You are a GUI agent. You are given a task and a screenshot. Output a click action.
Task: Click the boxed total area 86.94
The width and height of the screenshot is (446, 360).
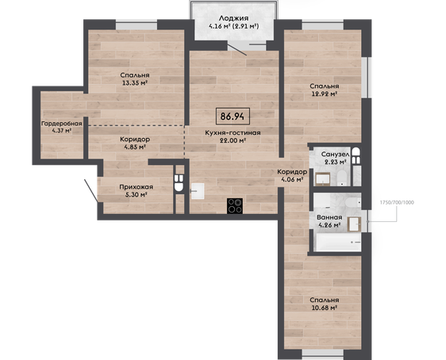233,117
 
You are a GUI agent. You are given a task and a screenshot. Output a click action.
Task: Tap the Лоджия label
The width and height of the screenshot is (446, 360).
233,18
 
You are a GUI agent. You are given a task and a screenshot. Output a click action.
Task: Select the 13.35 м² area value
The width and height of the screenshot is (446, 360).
135,83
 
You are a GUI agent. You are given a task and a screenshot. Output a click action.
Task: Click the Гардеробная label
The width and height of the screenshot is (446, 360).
62,124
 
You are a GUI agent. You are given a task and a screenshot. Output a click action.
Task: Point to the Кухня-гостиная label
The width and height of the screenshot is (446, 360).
233,132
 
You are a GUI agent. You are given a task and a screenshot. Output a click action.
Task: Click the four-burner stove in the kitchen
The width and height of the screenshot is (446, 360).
235,206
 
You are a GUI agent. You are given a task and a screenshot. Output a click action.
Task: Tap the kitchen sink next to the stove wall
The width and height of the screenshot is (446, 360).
198,191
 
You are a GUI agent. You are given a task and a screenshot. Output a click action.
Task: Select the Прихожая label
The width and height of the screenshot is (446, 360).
136,187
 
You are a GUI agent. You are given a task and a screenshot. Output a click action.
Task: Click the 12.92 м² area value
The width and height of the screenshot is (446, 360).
325,94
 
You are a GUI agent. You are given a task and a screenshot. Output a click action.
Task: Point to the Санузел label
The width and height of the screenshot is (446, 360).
335,155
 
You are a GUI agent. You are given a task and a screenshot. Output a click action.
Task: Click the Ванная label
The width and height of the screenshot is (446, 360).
329,217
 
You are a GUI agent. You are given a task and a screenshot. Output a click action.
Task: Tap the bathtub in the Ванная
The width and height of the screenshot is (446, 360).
337,242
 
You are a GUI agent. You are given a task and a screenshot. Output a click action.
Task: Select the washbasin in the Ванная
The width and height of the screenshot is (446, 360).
355,224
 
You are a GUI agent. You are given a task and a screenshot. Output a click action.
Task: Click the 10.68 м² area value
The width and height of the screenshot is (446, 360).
325,308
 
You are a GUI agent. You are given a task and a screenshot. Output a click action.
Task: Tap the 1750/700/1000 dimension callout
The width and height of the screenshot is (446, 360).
397,202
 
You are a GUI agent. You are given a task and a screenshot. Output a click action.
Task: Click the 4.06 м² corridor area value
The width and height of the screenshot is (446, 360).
291,179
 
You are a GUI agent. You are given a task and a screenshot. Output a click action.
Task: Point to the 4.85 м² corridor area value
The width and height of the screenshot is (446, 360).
135,147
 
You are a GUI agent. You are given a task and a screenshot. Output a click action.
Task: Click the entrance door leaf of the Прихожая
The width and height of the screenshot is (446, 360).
91,190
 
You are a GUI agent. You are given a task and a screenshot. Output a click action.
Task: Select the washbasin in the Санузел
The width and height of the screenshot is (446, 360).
322,179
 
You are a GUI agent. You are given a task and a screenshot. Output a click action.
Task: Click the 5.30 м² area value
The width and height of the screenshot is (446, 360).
136,194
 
